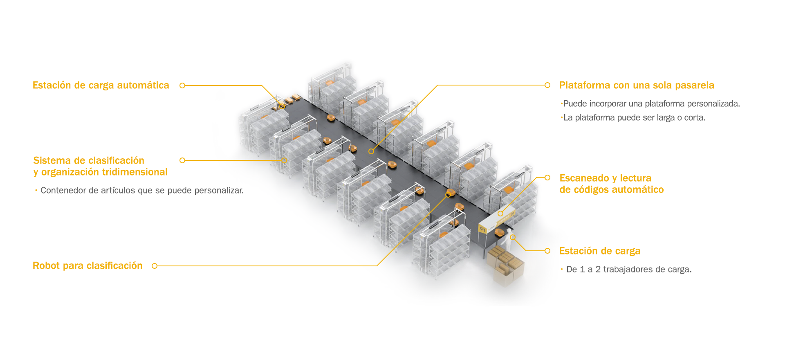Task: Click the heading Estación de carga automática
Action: pyautogui.click(x=101, y=85)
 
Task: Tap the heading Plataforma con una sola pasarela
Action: pyautogui.click(x=636, y=85)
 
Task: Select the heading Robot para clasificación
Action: pyautogui.click(x=87, y=266)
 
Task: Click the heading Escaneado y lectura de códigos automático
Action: pyautogui.click(x=611, y=184)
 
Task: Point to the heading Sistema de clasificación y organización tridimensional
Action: pyautogui.click(x=100, y=166)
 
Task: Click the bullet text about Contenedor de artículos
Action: pyautogui.click(x=141, y=191)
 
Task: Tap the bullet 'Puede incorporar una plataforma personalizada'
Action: pyautogui.click(x=651, y=104)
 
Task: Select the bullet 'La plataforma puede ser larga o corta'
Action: pyautogui.click(x=634, y=118)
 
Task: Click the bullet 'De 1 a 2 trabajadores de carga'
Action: pyautogui.click(x=628, y=270)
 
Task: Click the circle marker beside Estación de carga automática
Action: pyautogui.click(x=182, y=85)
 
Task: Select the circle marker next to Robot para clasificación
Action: pyautogui.click(x=155, y=266)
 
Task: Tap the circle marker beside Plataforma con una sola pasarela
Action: pyautogui.click(x=547, y=85)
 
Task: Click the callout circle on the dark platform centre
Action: pyautogui.click(x=371, y=151)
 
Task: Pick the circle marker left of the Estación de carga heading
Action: pyautogui.click(x=547, y=251)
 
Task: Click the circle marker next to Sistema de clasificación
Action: pyautogui.click(x=182, y=160)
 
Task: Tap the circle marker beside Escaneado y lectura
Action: pyautogui.click(x=547, y=178)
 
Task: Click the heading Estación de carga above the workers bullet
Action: pyautogui.click(x=599, y=251)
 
